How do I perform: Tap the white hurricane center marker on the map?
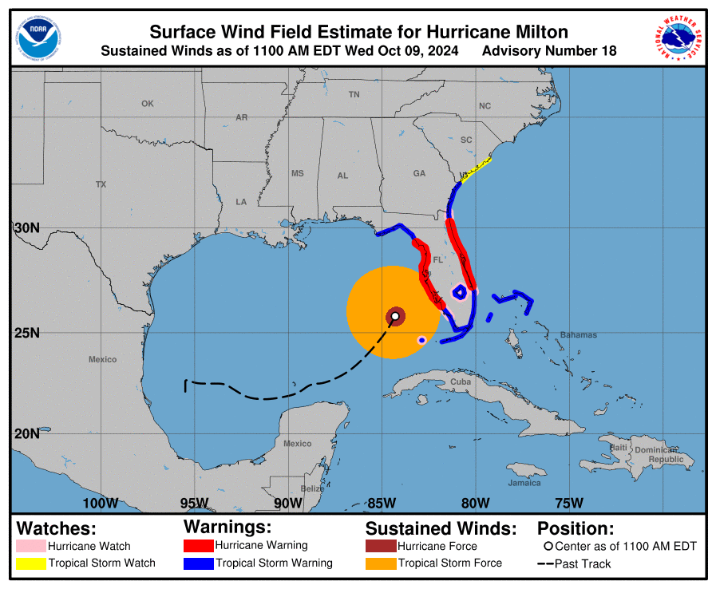[x=395, y=316]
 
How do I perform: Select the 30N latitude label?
[x=26, y=227]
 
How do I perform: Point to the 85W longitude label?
[x=382, y=503]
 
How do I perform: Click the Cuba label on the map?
[x=461, y=381]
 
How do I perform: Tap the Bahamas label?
[x=579, y=335]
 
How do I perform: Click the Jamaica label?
[x=524, y=483]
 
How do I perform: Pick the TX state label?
[x=101, y=184]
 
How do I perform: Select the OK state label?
[x=147, y=104]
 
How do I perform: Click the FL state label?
[x=437, y=259]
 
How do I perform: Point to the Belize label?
[x=312, y=488]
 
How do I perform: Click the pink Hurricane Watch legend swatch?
[x=30, y=547]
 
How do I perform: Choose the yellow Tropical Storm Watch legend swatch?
[x=30, y=563]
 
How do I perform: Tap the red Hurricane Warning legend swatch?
[x=198, y=546]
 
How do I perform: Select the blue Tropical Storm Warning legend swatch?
[x=198, y=563]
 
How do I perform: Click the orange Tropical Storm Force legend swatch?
[x=381, y=563]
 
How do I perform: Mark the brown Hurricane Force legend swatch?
[x=381, y=547]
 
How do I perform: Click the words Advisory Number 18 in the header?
[x=549, y=51]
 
